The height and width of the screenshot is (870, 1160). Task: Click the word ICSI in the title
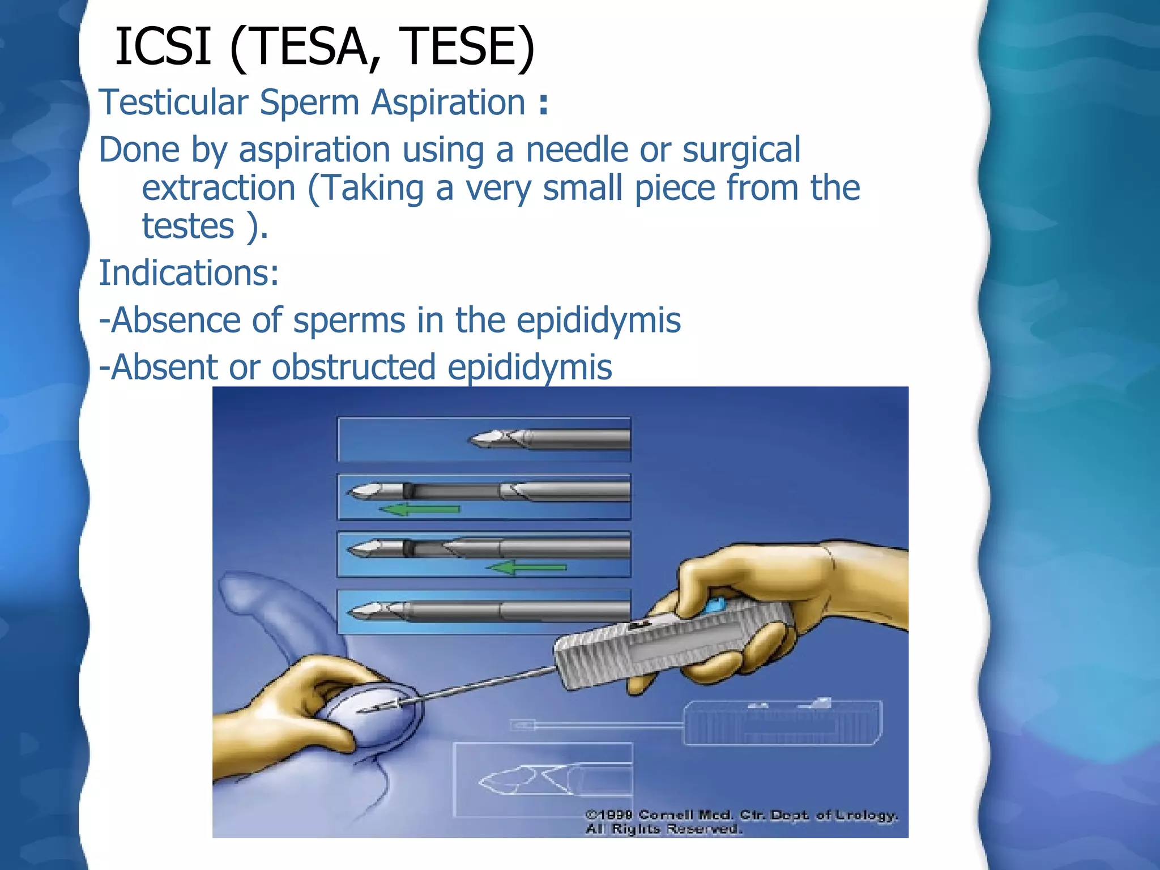[x=163, y=46]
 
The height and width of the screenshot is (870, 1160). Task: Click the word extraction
[x=219, y=188]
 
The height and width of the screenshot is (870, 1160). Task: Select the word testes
[x=188, y=227]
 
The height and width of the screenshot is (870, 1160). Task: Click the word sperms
[x=349, y=321]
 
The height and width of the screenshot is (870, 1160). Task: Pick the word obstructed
[x=354, y=368]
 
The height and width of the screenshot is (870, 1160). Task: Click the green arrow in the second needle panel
[x=420, y=509]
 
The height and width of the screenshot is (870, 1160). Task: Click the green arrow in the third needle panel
[x=527, y=567]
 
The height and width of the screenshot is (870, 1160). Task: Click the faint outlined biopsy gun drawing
[x=782, y=723]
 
